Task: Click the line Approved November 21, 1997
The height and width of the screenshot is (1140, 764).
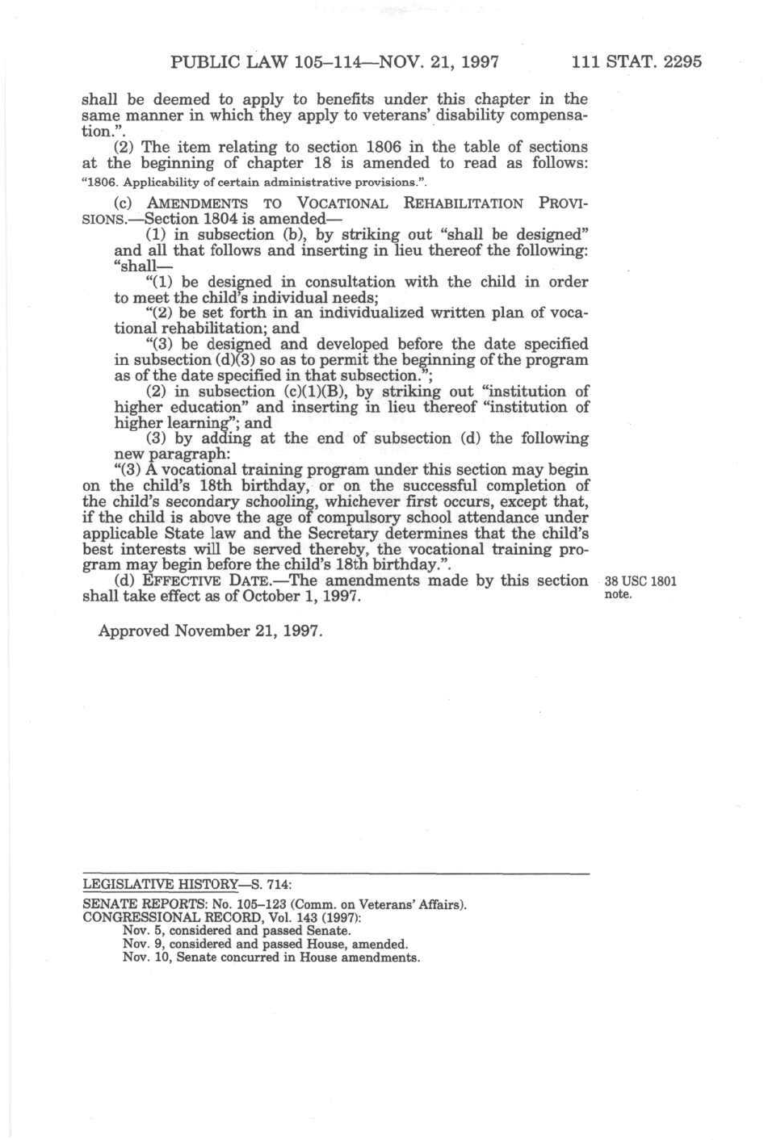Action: pyautogui.click(x=210, y=631)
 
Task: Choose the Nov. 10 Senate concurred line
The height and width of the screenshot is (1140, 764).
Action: pyautogui.click(x=271, y=958)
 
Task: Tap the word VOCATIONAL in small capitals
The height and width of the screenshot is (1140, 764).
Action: pyautogui.click(x=342, y=203)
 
